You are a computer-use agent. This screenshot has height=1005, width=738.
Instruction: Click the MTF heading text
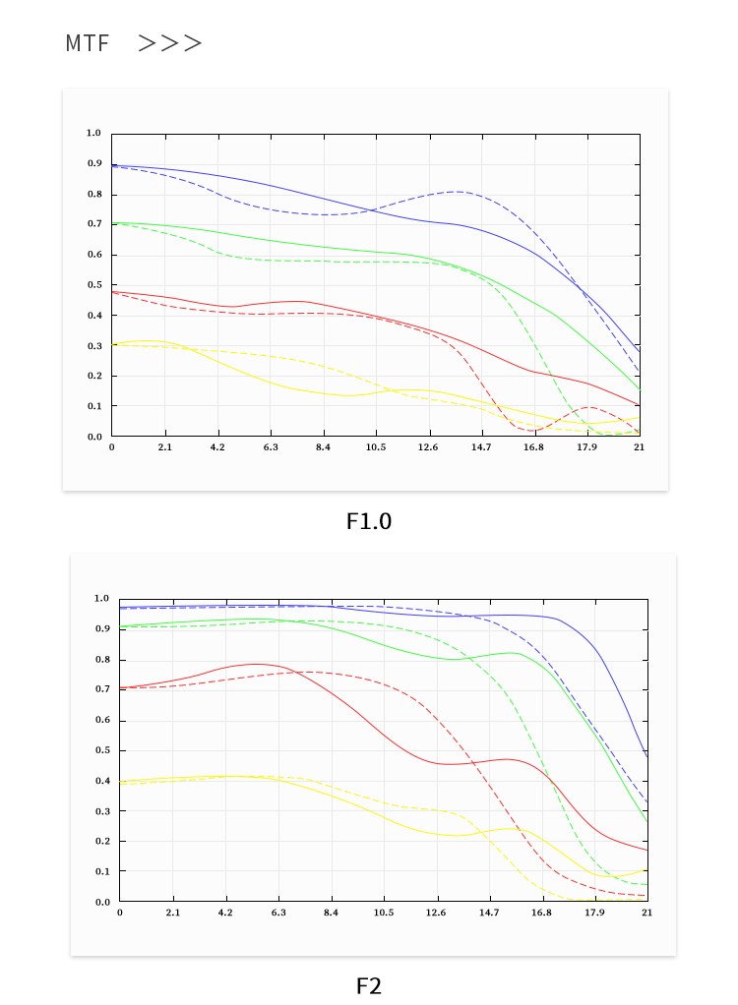(x=88, y=43)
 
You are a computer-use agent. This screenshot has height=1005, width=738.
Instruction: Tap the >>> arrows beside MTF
(x=169, y=43)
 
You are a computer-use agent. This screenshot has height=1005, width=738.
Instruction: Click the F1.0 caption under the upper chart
(x=369, y=521)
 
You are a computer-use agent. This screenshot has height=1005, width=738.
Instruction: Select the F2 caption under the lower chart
(x=369, y=985)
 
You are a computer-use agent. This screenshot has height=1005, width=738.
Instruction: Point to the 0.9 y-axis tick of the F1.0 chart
(x=93, y=164)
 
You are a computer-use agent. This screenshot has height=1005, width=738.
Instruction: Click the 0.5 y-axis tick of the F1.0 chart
(x=93, y=285)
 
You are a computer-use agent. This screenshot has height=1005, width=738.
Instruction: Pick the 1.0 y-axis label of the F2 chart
(x=101, y=599)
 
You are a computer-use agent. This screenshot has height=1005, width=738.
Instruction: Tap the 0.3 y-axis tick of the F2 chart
(x=101, y=811)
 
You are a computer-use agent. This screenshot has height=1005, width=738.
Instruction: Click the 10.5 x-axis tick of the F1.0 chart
(x=375, y=447)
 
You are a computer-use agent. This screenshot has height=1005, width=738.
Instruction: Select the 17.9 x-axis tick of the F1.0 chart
(x=586, y=447)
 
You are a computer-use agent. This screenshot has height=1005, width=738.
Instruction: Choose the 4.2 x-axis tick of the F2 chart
(x=225, y=913)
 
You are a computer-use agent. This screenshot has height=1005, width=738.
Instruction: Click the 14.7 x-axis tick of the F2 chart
(x=489, y=913)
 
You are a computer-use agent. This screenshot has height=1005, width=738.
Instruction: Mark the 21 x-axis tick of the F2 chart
(x=646, y=913)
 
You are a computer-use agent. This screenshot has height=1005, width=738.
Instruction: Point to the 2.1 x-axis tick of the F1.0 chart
(x=164, y=447)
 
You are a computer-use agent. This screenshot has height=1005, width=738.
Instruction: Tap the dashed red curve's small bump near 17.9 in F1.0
(x=588, y=407)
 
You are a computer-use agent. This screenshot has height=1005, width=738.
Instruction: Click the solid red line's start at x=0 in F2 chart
(x=120, y=688)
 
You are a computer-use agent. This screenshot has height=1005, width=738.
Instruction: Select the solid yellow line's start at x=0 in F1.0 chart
(x=112, y=344)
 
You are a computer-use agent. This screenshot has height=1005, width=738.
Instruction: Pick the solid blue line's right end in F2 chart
(x=646, y=755)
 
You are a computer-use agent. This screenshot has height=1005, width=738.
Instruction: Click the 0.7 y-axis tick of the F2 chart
(x=101, y=689)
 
